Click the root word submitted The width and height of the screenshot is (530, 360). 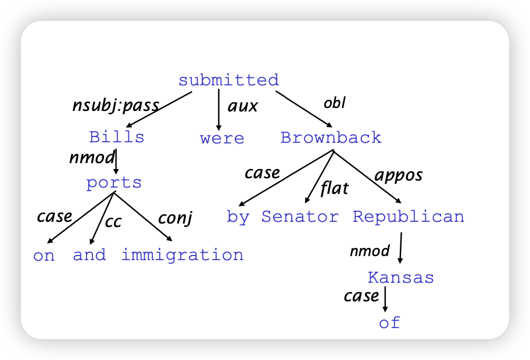pyautogui.click(x=228, y=80)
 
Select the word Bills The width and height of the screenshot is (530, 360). pyautogui.click(x=117, y=137)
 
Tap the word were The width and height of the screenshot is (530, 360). pyautogui.click(x=222, y=138)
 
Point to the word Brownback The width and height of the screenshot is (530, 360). pyautogui.click(x=331, y=138)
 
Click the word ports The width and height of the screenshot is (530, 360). pyautogui.click(x=114, y=183)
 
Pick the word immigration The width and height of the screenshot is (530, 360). pyautogui.click(x=182, y=255)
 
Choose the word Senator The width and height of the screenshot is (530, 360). pyautogui.click(x=299, y=217)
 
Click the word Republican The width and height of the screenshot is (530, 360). pyautogui.click(x=409, y=217)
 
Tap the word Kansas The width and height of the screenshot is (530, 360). pyautogui.click(x=401, y=278)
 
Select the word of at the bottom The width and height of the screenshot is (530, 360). pyautogui.click(x=389, y=322)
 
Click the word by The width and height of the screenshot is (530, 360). pyautogui.click(x=238, y=217)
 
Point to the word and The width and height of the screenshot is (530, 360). pyautogui.click(x=89, y=255)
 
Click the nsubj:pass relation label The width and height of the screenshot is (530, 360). pyautogui.click(x=116, y=105)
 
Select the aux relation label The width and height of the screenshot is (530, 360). pyautogui.click(x=243, y=106)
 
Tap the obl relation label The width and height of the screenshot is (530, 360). pyautogui.click(x=335, y=103)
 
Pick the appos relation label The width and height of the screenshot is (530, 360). pyautogui.click(x=399, y=175)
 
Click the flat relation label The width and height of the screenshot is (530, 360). pyautogui.click(x=334, y=188)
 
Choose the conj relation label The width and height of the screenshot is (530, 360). pyautogui.click(x=175, y=218)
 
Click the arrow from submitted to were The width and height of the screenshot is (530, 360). pyautogui.click(x=219, y=110)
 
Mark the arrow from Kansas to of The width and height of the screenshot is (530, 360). pyautogui.click(x=385, y=299)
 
